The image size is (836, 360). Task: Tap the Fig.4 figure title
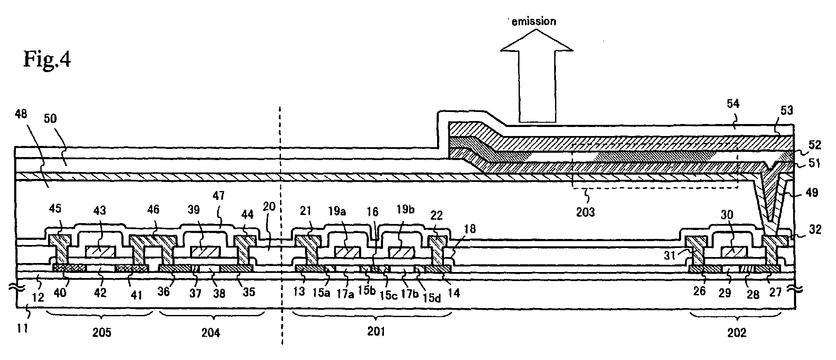coord(47,59)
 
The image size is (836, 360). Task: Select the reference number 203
coord(585,212)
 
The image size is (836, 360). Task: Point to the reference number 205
coord(102,333)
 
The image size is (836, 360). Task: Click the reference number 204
coord(211,333)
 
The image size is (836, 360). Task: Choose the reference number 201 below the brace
coord(376,332)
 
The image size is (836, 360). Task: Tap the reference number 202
coord(736,333)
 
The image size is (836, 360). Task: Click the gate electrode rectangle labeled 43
coord(101,252)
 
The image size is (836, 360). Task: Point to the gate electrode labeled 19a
coord(347,252)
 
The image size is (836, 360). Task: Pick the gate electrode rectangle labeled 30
coord(735,252)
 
